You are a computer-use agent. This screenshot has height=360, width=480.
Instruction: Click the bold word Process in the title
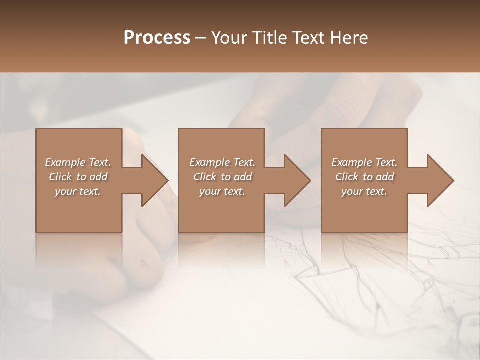pos(157,37)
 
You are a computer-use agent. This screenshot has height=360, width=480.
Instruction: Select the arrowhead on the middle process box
pos(296,180)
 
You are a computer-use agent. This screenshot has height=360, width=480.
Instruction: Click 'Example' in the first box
pos(65,162)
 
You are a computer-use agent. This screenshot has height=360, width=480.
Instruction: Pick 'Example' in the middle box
pos(209,162)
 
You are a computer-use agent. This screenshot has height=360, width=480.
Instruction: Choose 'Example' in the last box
pos(351,162)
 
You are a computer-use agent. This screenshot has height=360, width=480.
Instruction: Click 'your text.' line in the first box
pos(78,191)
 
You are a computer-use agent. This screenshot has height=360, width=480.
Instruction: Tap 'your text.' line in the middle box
pos(222,191)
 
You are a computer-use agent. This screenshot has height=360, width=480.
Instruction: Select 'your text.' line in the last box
pos(364,191)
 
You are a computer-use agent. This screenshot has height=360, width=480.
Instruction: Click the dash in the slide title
pos(201,38)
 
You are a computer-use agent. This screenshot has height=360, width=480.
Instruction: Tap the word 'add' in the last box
pos(385,177)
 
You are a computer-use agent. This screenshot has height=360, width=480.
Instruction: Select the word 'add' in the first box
pos(98,177)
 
